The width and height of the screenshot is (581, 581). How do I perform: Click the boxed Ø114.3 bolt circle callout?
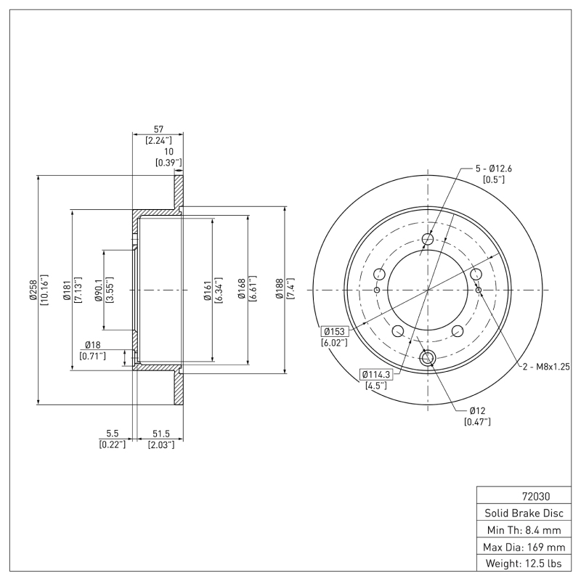375,375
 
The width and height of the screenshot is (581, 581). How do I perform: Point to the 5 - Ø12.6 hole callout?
494,168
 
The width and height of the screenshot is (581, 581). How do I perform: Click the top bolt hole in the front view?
427,240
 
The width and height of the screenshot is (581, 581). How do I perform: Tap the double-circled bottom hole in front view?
427,357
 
